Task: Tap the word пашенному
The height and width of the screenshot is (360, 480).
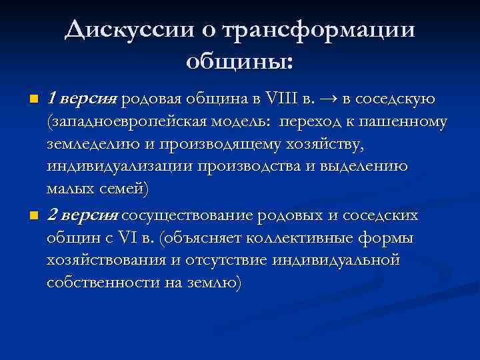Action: tap(407, 123)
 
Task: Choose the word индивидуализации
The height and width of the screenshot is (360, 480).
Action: tap(119, 166)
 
